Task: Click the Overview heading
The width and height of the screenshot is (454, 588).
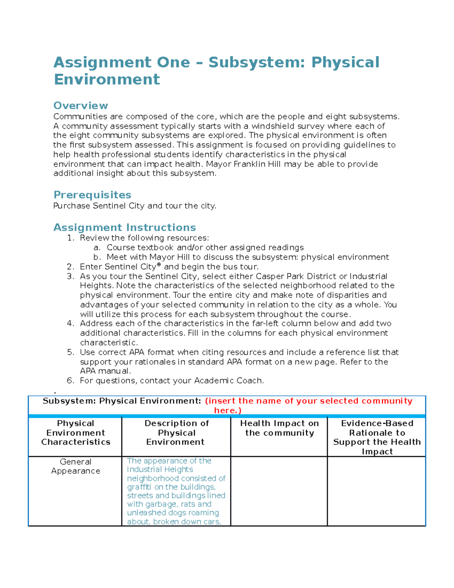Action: [81, 105]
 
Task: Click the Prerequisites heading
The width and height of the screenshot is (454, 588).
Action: [92, 195]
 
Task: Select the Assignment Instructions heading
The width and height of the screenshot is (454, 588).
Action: [124, 227]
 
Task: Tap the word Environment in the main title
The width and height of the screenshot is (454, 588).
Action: [107, 80]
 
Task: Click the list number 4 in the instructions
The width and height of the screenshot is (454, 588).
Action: [70, 323]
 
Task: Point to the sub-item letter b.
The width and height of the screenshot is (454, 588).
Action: [97, 257]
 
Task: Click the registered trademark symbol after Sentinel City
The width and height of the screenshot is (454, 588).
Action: [159, 265]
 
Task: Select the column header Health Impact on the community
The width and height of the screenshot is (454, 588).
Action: [279, 428]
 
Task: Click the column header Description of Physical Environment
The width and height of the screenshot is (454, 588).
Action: [176, 432]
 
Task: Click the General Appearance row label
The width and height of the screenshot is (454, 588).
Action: [76, 466]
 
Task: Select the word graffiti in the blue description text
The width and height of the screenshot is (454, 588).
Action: [139, 487]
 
